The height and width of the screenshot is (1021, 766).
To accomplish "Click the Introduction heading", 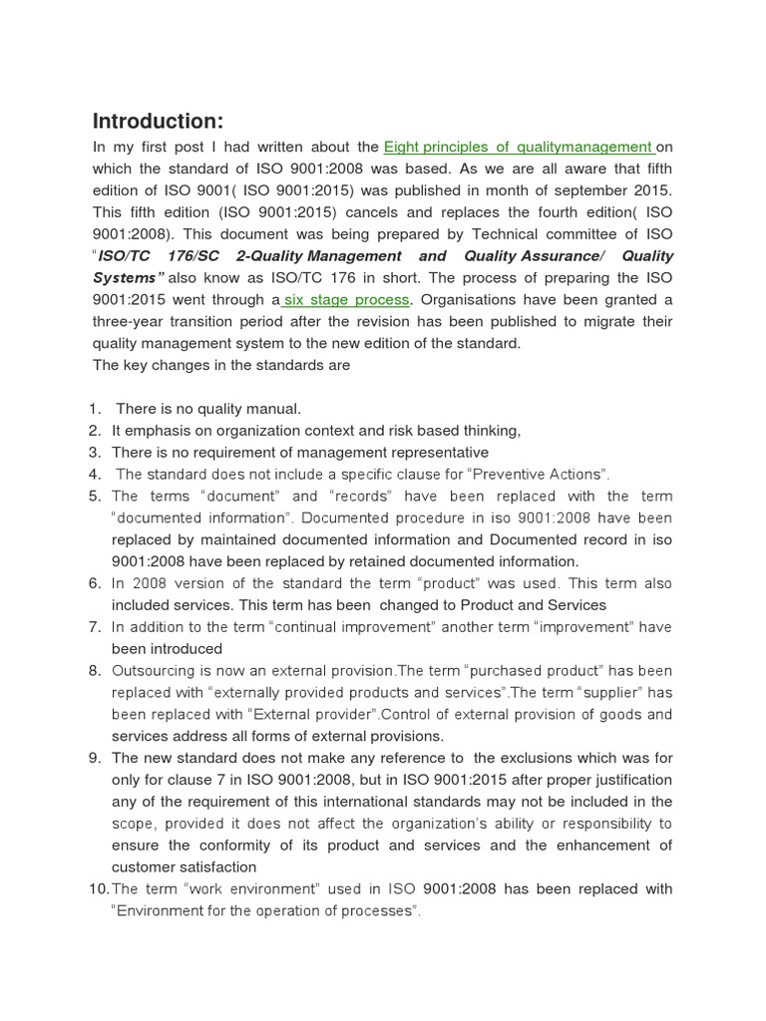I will pos(158,122).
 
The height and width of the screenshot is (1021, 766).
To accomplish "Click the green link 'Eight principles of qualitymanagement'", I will pos(519,148).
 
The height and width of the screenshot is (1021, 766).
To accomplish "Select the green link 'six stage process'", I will pos(346,299).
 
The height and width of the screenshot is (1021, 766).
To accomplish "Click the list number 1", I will pos(95,409).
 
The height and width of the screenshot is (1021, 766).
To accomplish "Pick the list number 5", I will pos(95,496).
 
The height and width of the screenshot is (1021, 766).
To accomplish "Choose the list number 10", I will pos(98,888).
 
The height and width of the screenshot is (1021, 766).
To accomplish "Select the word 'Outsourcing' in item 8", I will pos(153,670).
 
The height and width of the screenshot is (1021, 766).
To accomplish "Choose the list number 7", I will pos(95,627).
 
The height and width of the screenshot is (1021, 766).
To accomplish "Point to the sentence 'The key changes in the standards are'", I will pos(221,365).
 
